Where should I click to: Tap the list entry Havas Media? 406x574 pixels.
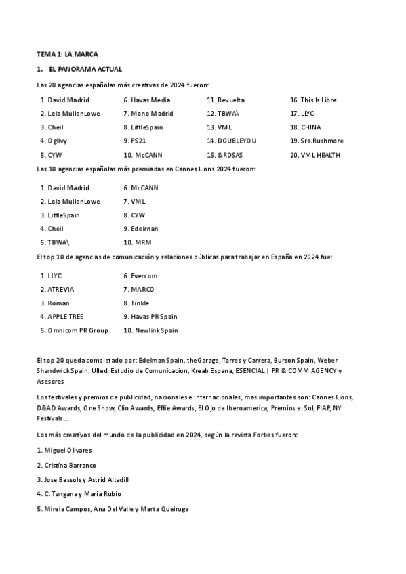(150, 100)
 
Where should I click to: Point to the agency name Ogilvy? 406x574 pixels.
(58, 141)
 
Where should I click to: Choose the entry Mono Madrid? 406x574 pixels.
(152, 114)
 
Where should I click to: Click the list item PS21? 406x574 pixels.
(138, 141)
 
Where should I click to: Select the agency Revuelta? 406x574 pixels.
(231, 100)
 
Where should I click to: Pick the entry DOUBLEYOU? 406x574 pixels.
(237, 141)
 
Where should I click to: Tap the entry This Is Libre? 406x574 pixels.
(319, 100)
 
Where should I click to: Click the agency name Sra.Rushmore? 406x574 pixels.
(322, 141)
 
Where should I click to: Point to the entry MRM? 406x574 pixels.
(143, 242)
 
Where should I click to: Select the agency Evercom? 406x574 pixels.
(144, 276)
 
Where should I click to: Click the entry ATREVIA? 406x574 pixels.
(61, 290)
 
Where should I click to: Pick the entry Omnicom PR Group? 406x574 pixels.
(78, 330)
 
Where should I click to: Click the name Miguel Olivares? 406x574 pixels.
(68, 450)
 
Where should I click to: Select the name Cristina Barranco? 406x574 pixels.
(70, 465)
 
